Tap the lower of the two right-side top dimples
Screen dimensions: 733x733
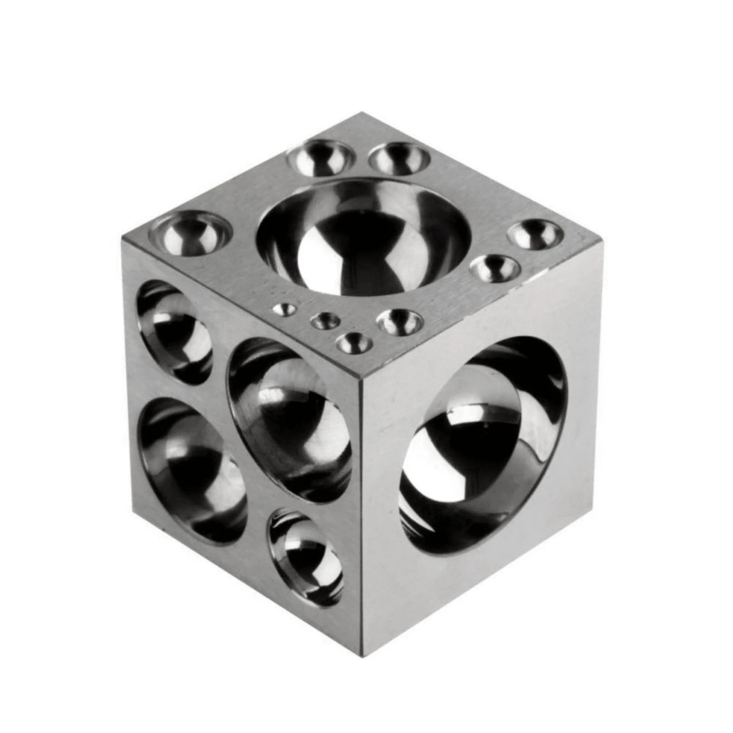click(495, 267)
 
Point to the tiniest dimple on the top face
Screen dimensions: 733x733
click(284, 310)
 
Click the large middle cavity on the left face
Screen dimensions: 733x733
click(289, 418)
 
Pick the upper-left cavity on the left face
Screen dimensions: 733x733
click(175, 332)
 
